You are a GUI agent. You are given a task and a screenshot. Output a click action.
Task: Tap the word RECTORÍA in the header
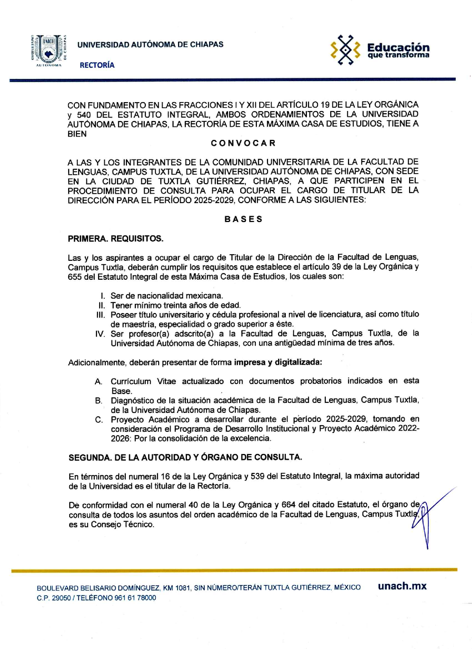coord(97,65)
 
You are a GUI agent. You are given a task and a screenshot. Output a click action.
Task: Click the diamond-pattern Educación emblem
coord(345,50)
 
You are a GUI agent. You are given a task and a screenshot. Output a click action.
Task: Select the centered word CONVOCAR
coord(243,143)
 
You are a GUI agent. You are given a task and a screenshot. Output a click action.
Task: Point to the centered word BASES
coord(243,219)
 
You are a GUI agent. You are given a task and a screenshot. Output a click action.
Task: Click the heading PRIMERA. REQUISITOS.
coord(116,239)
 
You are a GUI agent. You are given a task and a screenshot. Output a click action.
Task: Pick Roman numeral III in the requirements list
coord(101,315)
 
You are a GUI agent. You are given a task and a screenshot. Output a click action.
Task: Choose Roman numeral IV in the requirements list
coord(100,334)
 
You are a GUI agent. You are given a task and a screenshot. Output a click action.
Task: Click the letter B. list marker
coord(98,401)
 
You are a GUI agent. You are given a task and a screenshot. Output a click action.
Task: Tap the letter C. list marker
coord(98,420)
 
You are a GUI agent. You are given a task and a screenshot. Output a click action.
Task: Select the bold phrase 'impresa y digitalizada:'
coord(278,362)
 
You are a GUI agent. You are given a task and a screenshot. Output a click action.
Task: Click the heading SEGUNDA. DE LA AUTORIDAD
coord(185,457)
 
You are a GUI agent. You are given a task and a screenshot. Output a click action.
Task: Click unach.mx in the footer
coord(402,586)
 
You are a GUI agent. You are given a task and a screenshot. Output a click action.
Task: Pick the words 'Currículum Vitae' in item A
coord(143,381)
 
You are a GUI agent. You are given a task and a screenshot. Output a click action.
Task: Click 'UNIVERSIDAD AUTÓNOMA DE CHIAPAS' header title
coord(150,44)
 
